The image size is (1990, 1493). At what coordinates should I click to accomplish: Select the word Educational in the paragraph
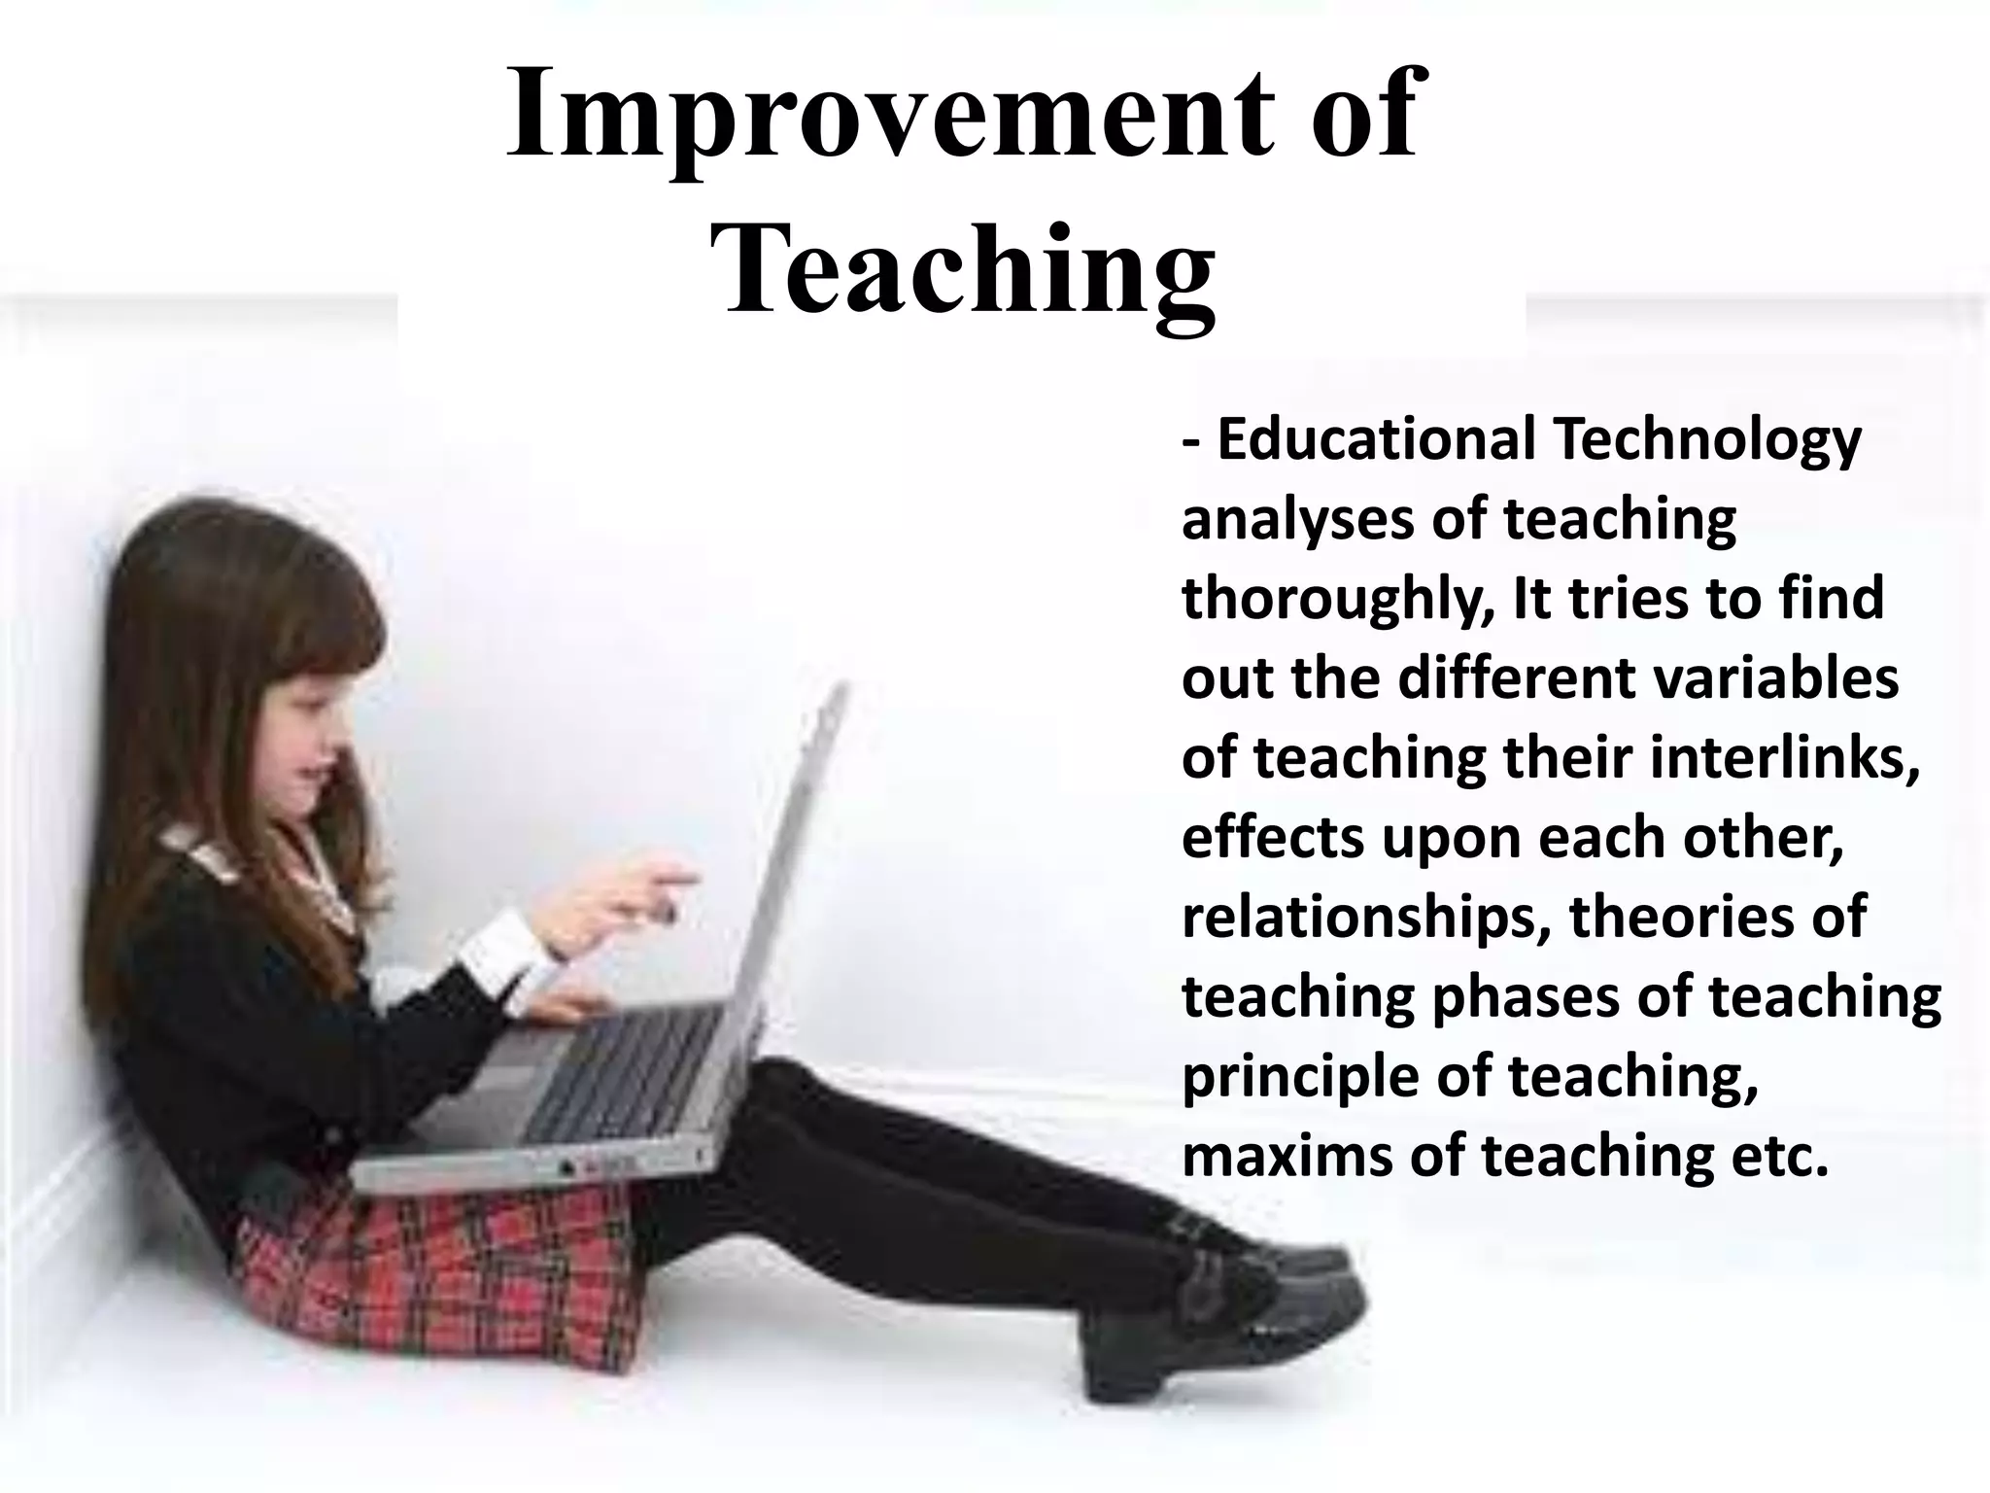[1376, 439]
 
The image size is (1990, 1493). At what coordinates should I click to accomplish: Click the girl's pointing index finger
[680, 879]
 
